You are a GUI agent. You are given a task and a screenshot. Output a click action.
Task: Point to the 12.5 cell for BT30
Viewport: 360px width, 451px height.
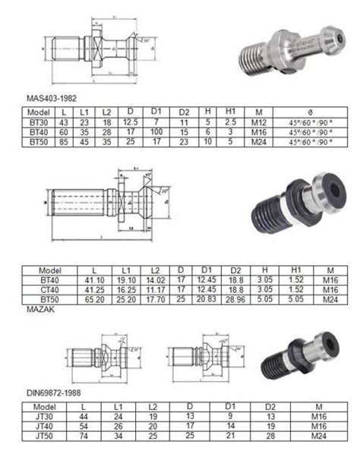click(130, 121)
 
